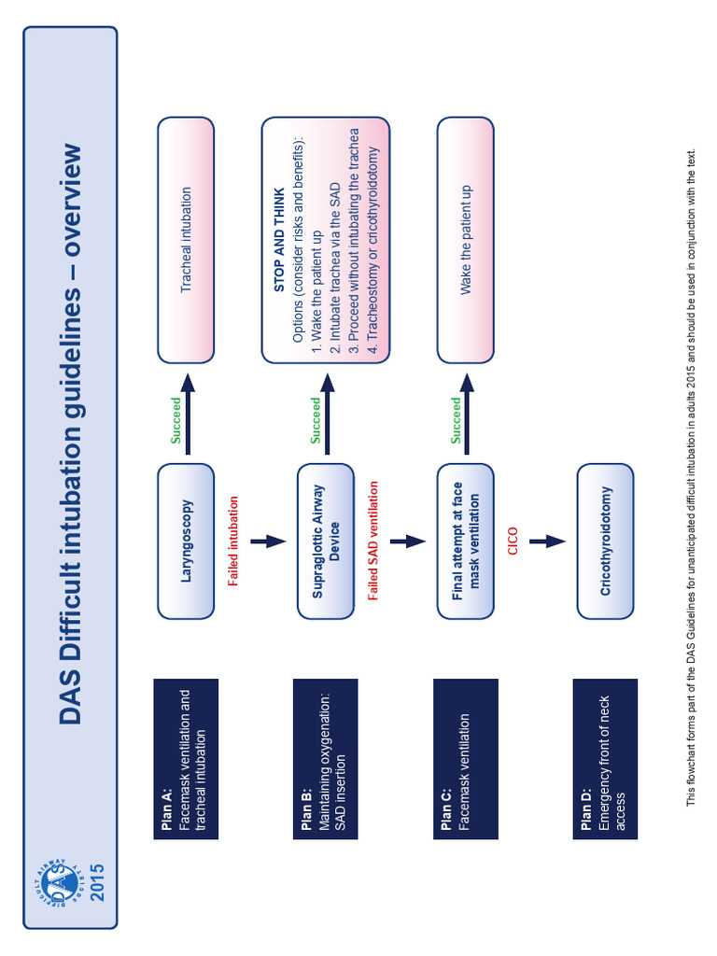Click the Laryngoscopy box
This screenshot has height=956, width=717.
tap(186, 541)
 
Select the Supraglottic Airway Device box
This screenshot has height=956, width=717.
tap(326, 541)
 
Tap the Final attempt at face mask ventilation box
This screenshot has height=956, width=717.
tap(465, 541)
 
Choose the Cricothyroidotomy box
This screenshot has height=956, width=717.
tap(605, 541)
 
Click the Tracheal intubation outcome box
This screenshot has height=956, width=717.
tap(186, 240)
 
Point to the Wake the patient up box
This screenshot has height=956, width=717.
tap(465, 240)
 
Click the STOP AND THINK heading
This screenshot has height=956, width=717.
tap(279, 240)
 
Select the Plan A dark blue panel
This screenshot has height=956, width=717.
tap(186, 759)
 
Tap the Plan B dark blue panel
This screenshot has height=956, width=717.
tap(326, 759)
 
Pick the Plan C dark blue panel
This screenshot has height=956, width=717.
tap(465, 759)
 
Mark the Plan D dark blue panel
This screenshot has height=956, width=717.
tap(605, 759)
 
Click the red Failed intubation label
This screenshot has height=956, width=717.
tap(233, 541)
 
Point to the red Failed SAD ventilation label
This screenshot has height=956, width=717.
tap(373, 541)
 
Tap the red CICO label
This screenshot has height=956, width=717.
tap(513, 541)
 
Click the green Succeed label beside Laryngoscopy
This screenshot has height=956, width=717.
tap(176, 420)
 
